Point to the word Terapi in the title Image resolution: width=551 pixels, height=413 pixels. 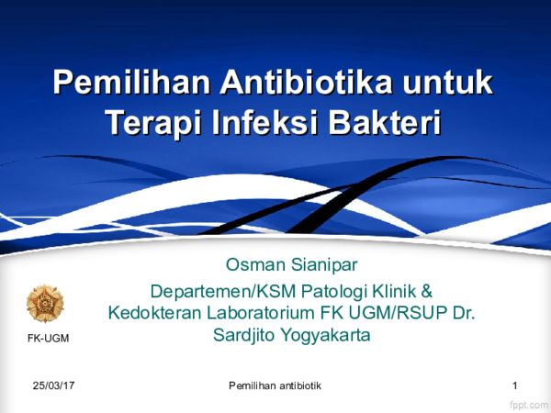(x=153, y=121)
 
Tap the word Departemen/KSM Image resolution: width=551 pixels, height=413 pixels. (x=210, y=292)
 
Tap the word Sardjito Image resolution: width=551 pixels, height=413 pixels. (x=245, y=335)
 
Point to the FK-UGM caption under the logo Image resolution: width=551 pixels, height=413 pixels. (x=44, y=340)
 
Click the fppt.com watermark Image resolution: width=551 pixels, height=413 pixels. (x=527, y=403)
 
